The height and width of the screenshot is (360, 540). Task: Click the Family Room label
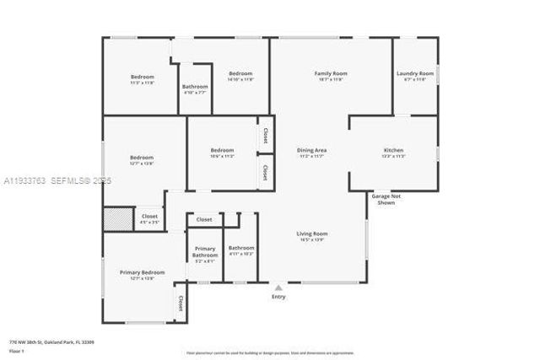[331, 74]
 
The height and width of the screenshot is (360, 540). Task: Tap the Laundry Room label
[415, 74]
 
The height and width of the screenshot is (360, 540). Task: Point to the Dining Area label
[311, 151]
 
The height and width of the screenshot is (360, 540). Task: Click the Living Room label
[311, 234]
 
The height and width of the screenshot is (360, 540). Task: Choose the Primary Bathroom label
[205, 252]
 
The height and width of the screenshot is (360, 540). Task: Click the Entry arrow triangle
[278, 287]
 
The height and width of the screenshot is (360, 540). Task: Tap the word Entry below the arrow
[278, 297]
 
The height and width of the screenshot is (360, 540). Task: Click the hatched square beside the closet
[116, 219]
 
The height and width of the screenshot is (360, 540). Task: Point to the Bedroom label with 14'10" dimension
[240, 74]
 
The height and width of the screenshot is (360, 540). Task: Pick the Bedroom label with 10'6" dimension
[222, 151]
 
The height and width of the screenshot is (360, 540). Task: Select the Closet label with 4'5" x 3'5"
[149, 217]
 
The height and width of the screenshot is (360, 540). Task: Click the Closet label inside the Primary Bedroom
[181, 303]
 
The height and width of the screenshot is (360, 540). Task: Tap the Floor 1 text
[16, 350]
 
